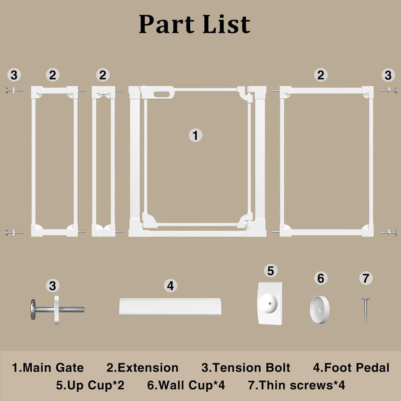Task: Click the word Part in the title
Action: (167, 24)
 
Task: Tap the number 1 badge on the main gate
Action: (195, 135)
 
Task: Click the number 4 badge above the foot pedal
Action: (170, 286)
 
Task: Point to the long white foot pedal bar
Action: (170, 307)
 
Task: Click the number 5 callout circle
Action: (271, 271)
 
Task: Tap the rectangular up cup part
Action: (270, 303)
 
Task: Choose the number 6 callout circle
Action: (321, 278)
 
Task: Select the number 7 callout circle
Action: (366, 278)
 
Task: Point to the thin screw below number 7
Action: (366, 309)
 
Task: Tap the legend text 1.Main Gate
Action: (48, 368)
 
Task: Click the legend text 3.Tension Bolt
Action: (246, 368)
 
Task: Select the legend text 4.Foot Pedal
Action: (351, 368)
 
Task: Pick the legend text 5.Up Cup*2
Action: (90, 385)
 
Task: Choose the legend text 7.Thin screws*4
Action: (297, 385)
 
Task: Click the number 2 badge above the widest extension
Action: (321, 75)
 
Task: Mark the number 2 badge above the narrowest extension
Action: (103, 75)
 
